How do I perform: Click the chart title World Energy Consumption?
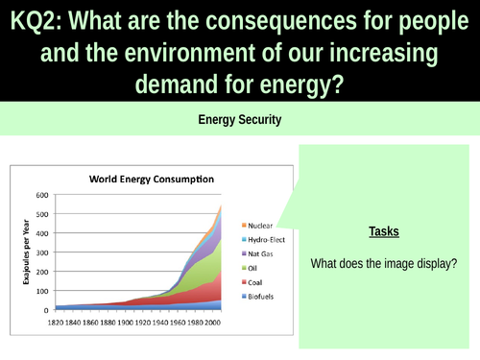tap(152, 179)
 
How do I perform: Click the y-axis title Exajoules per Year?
tap(22, 252)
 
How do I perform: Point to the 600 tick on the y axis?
tap(40, 195)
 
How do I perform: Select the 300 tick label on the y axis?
tap(40, 252)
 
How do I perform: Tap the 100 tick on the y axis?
tap(40, 292)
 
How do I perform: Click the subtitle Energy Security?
tap(239, 121)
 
